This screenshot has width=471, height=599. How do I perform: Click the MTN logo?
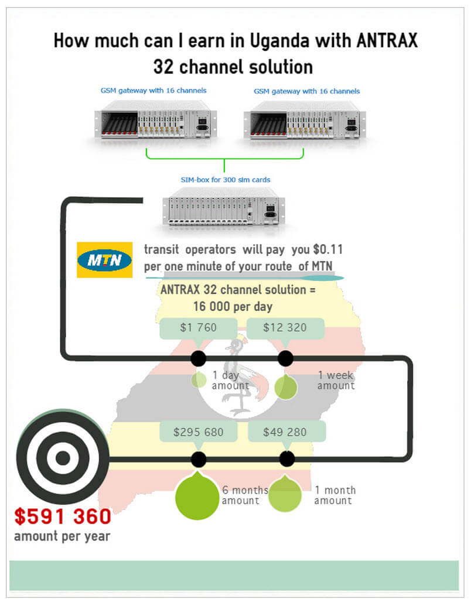[x=104, y=259]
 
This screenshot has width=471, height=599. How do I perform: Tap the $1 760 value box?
[x=199, y=328]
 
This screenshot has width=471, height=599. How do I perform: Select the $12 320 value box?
[x=285, y=328]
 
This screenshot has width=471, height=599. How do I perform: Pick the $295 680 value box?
[x=199, y=432]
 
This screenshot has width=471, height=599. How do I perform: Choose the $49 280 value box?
[x=286, y=432]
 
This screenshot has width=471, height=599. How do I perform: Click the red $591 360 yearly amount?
[x=63, y=516]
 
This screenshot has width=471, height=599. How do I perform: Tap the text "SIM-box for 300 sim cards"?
[x=226, y=179]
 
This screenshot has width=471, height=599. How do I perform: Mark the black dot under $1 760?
[x=198, y=358]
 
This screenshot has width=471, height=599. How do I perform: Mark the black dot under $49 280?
[x=286, y=458]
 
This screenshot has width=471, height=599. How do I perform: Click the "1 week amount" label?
[x=336, y=381]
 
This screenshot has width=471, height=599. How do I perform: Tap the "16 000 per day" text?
[x=233, y=306]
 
